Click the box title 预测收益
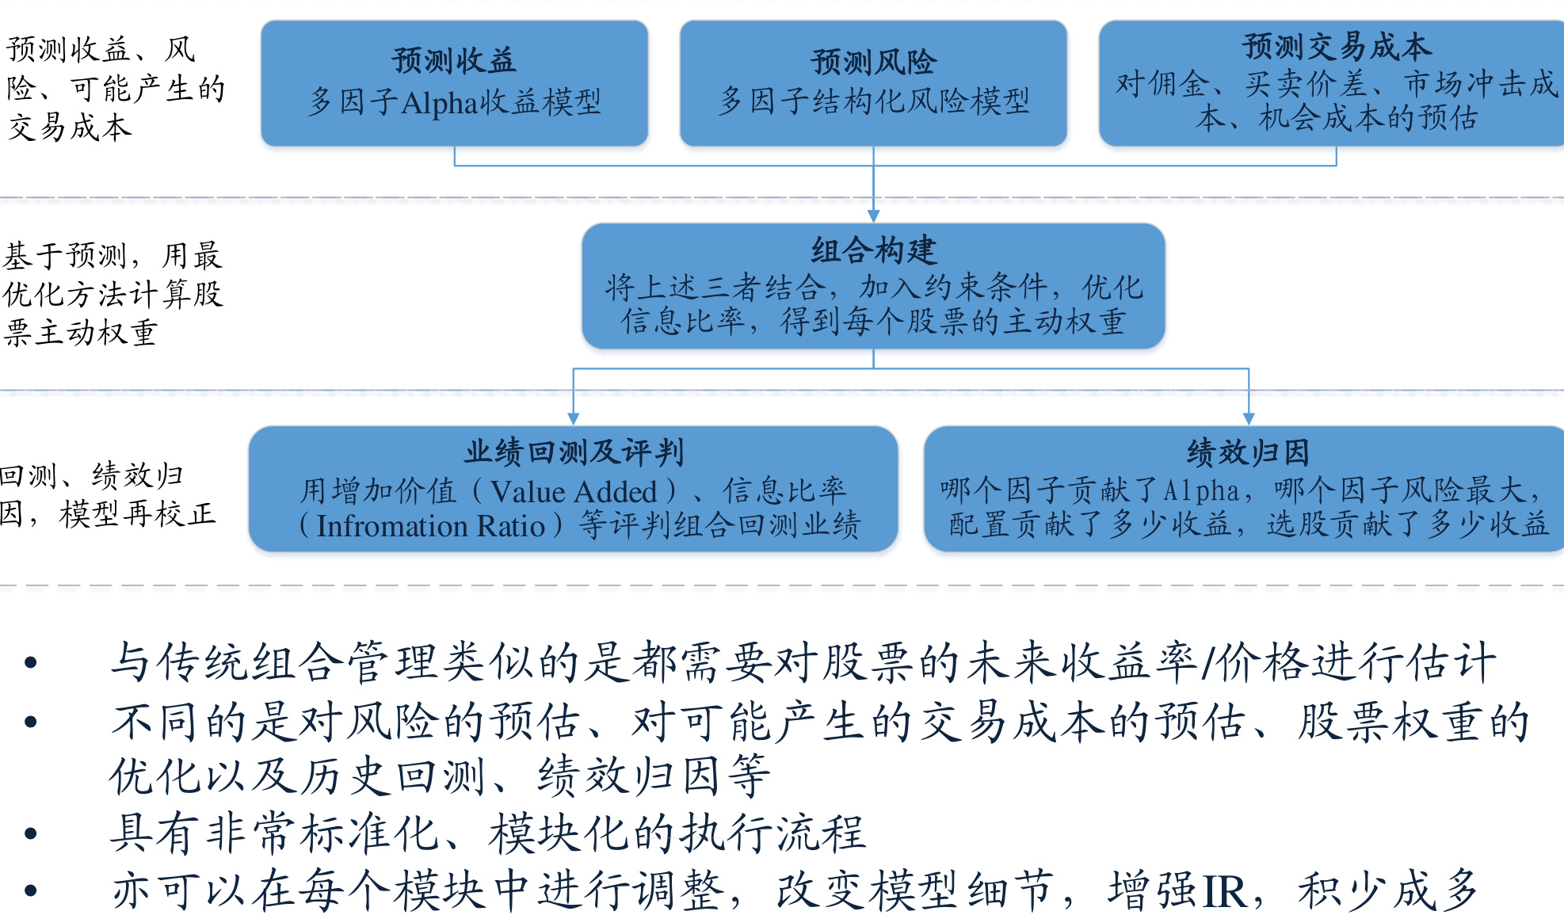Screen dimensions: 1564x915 (454, 60)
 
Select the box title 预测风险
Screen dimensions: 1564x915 (873, 62)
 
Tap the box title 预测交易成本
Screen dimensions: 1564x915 (1337, 46)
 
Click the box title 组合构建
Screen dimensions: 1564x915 (873, 250)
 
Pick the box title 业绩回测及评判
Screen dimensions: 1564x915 (574, 452)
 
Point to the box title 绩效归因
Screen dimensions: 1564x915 (1248, 452)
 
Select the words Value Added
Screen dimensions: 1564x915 (574, 491)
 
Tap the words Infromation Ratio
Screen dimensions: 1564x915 (431, 526)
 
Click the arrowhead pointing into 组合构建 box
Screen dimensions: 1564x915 (873, 216)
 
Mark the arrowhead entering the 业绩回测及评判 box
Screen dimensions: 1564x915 (574, 418)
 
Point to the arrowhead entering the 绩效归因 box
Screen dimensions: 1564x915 (1249, 418)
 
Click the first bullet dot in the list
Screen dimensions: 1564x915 (31, 662)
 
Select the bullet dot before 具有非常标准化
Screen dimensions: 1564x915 (31, 833)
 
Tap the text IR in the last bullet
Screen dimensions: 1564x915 (1225, 890)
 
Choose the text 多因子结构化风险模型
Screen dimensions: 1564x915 (873, 101)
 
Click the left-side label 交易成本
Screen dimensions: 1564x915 (69, 127)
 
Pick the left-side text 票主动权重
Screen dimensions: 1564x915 (80, 332)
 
